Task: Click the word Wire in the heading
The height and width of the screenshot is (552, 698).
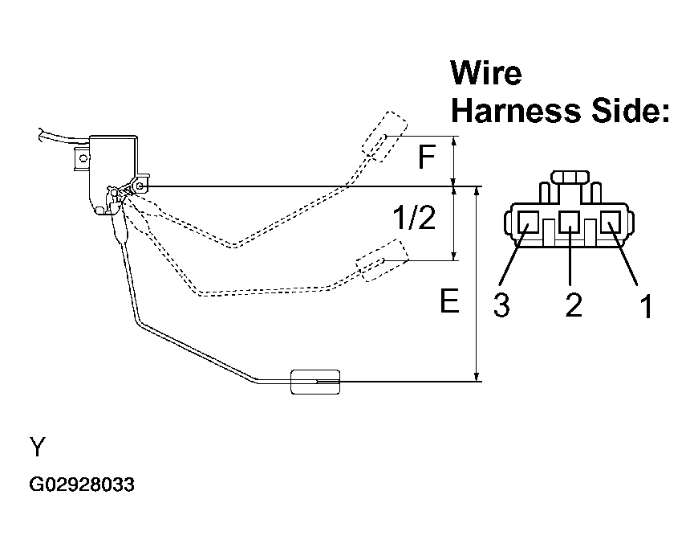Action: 485,72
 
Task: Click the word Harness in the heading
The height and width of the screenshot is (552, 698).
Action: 516,110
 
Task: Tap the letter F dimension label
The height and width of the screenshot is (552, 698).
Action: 427,157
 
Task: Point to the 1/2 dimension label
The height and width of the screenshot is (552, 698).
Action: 413,218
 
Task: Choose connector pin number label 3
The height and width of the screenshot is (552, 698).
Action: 501,305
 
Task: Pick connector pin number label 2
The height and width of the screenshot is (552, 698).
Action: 574,305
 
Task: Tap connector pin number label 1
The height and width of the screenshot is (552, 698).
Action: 647,306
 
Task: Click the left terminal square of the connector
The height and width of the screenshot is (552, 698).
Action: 528,222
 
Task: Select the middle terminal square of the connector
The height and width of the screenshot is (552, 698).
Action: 569,222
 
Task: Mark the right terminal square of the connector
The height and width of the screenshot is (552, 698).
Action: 611,222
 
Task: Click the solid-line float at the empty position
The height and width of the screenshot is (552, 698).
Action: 315,382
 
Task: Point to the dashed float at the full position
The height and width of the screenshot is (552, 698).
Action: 384,136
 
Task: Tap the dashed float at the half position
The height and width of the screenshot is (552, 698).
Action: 383,260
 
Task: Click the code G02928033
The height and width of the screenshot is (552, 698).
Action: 82,485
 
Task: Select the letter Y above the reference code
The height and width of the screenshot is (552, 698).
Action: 38,447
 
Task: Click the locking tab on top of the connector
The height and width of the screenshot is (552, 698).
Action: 570,177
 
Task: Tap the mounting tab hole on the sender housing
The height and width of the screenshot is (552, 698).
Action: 83,157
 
